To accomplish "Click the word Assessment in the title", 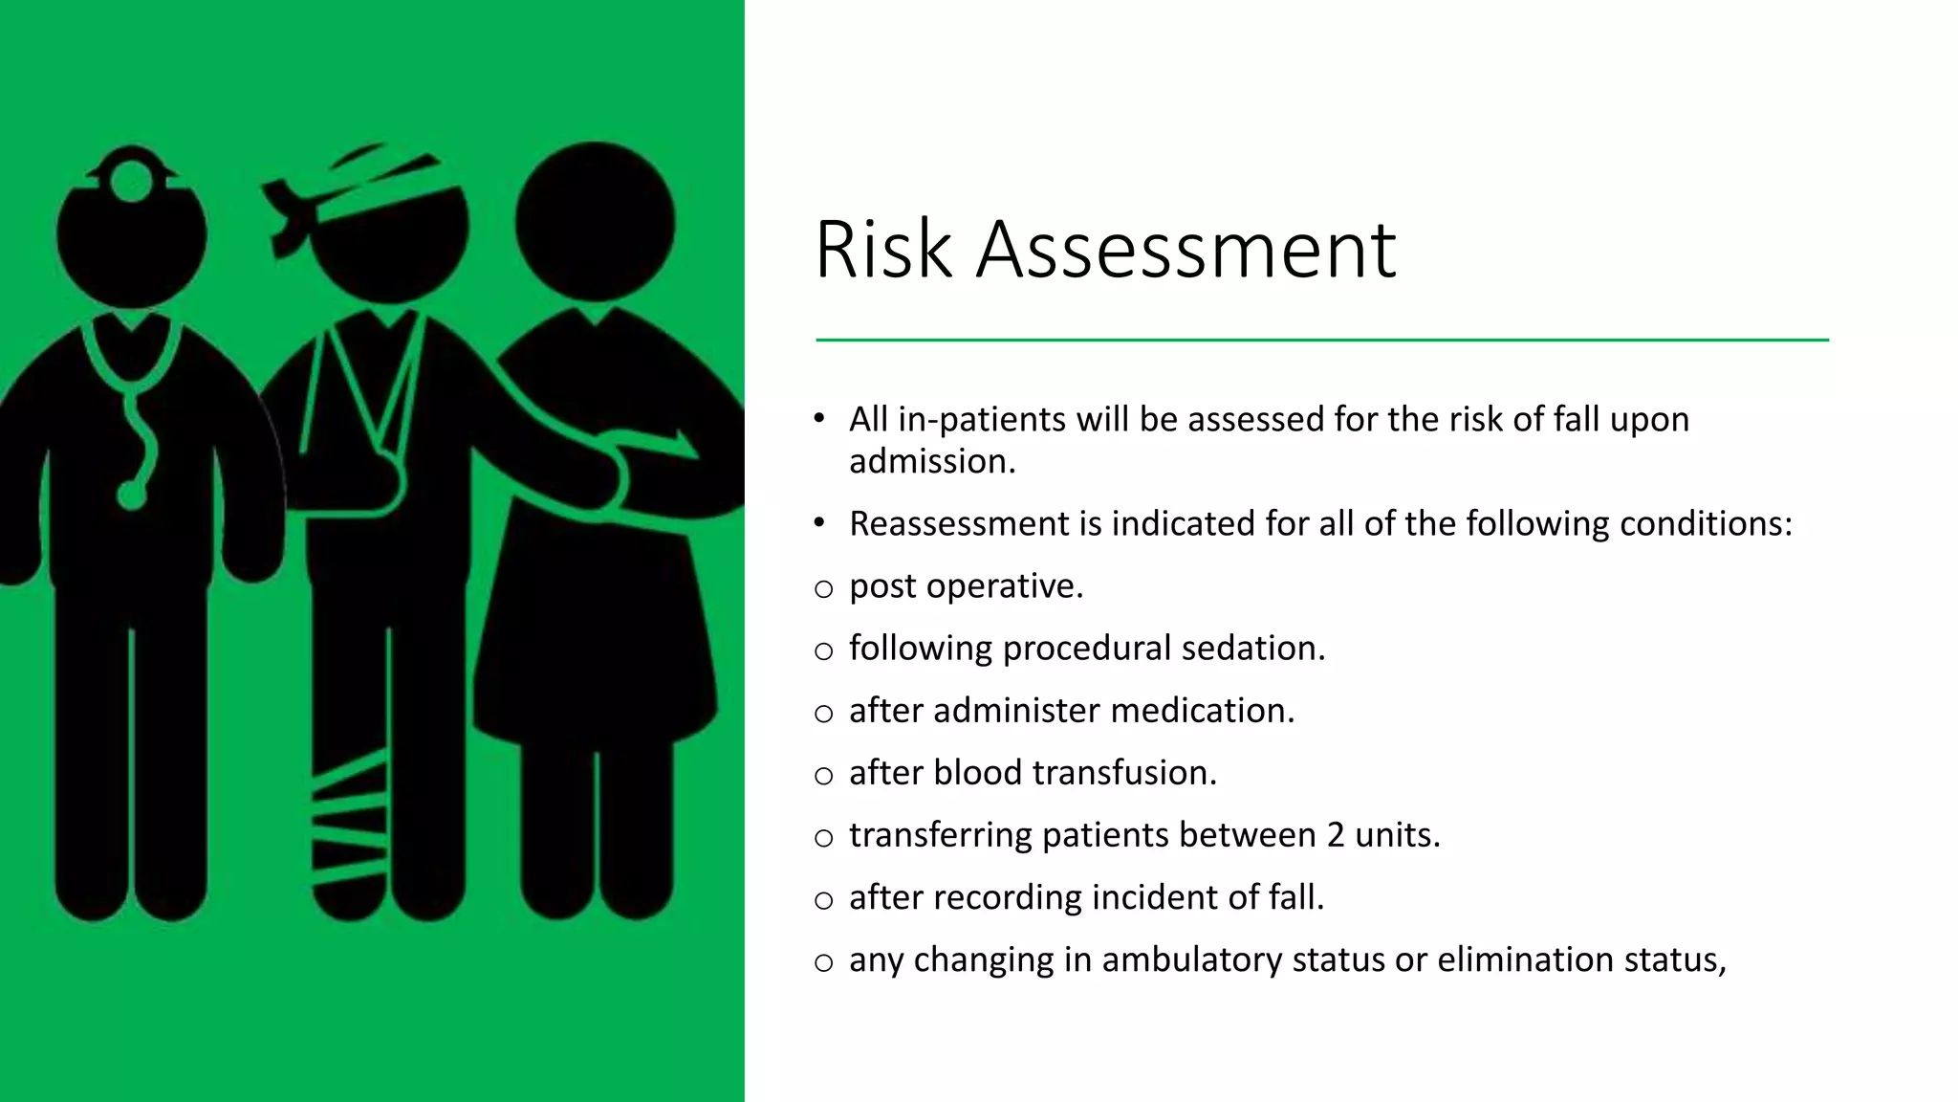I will [1186, 250].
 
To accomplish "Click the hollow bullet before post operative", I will [824, 589].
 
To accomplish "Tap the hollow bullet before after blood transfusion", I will [824, 776].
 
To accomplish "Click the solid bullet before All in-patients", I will [819, 418].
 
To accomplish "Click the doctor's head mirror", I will [131, 179].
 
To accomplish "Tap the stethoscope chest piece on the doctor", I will [131, 495].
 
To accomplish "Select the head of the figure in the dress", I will [595, 222].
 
